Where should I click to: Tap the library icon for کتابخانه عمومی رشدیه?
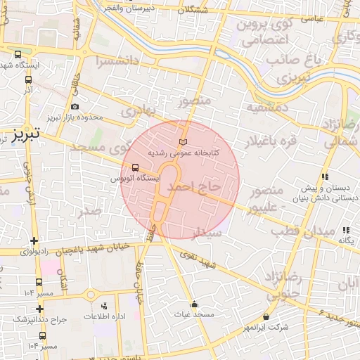184,143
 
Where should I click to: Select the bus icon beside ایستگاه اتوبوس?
135,167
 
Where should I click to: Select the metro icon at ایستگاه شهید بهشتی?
19,54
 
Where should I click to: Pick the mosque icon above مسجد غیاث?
194,304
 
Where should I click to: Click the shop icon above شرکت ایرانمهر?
266,317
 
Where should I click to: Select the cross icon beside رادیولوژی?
34,241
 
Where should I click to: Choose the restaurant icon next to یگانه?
346,230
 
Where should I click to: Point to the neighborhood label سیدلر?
208,231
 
